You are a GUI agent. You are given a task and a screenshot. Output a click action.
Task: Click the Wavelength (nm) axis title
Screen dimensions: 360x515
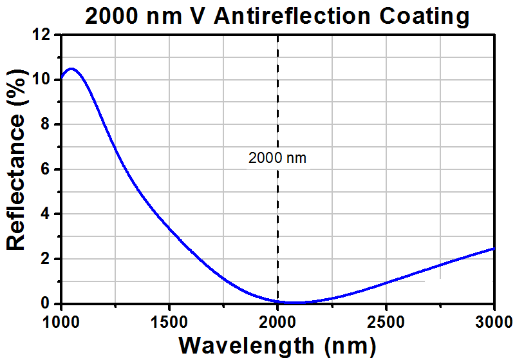(277, 345)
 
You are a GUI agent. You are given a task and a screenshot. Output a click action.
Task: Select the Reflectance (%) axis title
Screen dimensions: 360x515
(16, 169)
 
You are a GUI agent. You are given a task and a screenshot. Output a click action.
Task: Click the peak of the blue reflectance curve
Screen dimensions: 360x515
(71, 68)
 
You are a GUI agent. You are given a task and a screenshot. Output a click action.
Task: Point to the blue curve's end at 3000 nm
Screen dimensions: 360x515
(494, 248)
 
